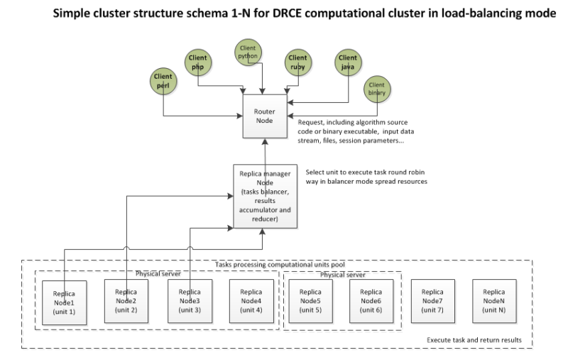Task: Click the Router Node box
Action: coord(264,116)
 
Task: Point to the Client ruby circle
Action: coord(297,61)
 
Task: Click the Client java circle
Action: coord(348,61)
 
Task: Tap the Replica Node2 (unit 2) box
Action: coord(126,301)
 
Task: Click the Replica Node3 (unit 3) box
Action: coord(189,301)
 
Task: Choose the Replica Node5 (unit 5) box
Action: coord(310,301)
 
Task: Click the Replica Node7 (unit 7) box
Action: coord(432,301)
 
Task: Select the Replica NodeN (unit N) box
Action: coord(494,301)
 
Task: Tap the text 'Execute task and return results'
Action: coord(474,340)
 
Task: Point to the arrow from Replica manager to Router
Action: coord(265,151)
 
